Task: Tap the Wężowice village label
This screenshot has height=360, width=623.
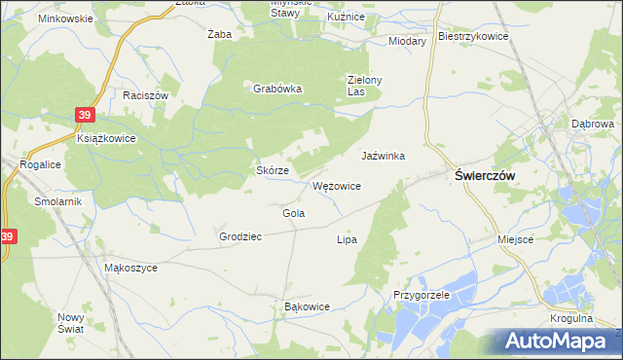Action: pos(338,185)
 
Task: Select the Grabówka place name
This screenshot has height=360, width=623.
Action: pos(278,89)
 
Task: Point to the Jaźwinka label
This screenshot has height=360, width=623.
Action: pos(383,156)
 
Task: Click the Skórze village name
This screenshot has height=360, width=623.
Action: pos(272,169)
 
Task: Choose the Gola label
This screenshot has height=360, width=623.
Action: pos(294,213)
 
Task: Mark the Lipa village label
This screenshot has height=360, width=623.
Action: pos(347,238)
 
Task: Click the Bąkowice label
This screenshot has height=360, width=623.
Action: pos(307,306)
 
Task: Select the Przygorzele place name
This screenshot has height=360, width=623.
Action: pos(421,294)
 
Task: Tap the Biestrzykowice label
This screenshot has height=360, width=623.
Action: pos(474,36)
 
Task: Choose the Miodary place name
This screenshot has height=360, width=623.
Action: pos(407,42)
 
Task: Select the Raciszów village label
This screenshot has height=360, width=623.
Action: pos(146,95)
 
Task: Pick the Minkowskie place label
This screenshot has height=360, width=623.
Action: pos(65,18)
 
